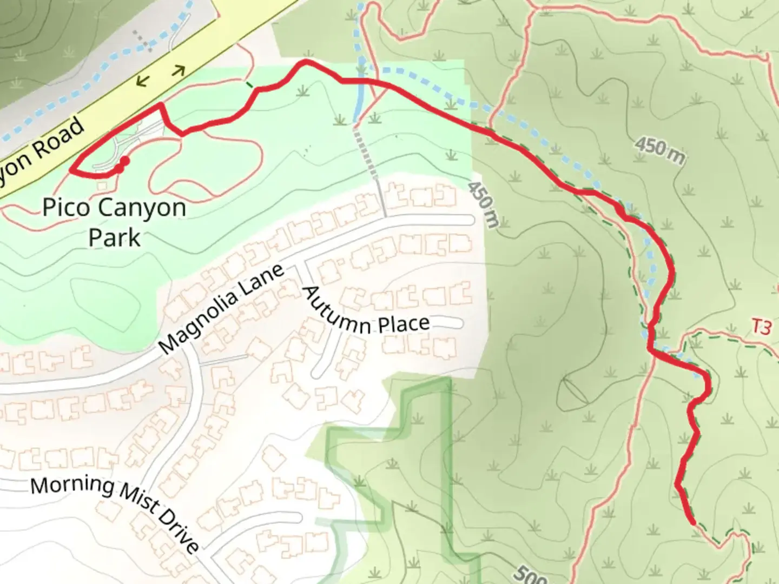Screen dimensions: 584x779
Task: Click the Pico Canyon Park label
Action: click(114, 222)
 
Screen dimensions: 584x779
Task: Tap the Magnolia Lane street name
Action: click(222, 309)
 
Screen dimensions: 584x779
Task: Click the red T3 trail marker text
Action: click(761, 328)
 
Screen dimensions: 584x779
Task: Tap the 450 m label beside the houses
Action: click(481, 204)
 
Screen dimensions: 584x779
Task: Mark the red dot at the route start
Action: click(124, 161)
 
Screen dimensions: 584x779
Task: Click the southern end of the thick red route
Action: click(692, 522)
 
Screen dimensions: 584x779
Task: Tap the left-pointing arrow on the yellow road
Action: click(142, 82)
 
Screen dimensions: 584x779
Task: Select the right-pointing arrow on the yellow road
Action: click(179, 70)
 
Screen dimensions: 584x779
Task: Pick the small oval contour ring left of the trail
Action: click(574, 390)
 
